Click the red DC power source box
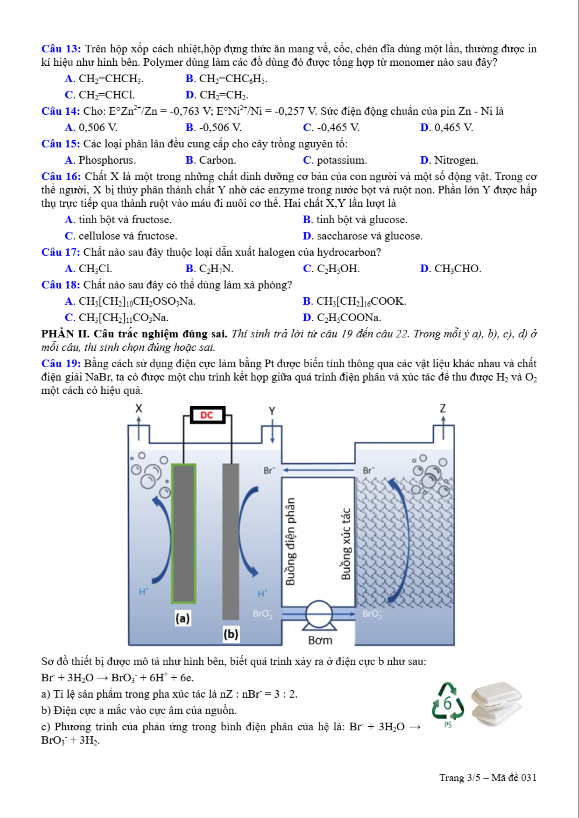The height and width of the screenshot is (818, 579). coord(208,415)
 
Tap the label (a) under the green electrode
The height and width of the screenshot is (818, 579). coord(183,618)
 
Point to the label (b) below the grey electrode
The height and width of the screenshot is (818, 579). coord(230,634)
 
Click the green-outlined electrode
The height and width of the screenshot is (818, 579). coord(183,533)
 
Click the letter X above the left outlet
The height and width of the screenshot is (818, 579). coord(139,409)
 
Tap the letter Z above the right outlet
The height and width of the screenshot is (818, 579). coord(443,409)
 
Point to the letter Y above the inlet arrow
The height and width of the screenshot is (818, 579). coord(272,411)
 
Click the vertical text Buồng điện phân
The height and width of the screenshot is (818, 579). coord(291,541)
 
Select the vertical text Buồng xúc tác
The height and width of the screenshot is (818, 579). coord(346,544)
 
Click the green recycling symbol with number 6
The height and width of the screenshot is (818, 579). coord(448,704)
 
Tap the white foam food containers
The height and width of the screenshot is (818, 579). coord(496,703)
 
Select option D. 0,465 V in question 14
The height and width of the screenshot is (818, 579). coord(446,128)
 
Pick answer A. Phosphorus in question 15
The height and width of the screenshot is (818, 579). coord(100,160)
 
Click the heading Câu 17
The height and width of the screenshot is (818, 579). coord(61,252)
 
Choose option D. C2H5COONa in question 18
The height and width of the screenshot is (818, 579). coord(342,318)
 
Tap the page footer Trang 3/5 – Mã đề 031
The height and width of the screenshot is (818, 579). coord(488,778)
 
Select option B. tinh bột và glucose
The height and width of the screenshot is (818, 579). coord(355,220)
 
